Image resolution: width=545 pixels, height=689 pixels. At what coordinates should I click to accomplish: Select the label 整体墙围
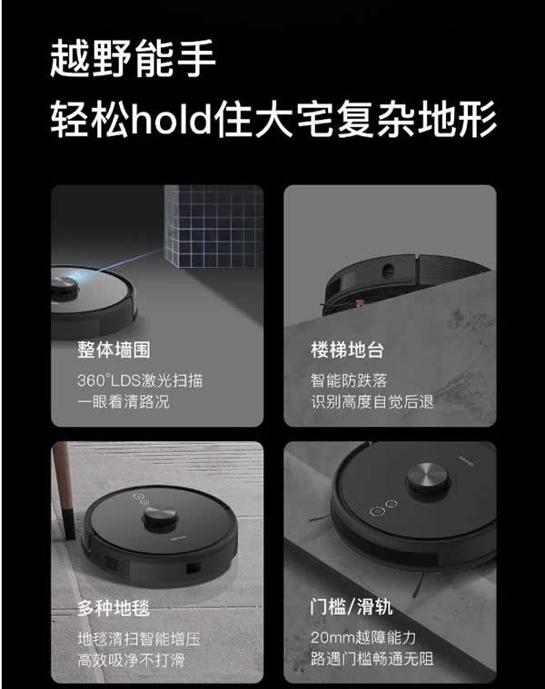point(114,350)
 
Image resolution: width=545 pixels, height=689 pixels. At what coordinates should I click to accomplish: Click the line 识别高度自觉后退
point(372,401)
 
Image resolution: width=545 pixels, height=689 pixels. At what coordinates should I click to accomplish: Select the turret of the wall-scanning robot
point(63,287)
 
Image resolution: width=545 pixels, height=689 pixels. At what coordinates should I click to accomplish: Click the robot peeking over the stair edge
point(372,272)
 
